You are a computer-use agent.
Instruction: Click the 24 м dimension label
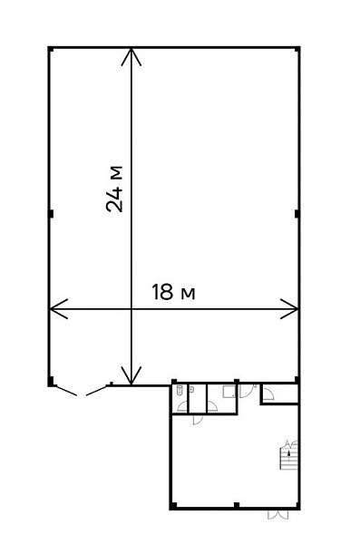[x=114, y=189]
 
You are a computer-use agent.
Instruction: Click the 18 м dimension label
[x=173, y=292]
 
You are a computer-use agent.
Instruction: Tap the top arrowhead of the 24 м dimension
[x=131, y=57]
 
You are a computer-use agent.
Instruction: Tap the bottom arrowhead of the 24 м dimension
[x=131, y=375]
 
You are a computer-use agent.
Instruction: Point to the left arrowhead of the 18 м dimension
[x=59, y=308]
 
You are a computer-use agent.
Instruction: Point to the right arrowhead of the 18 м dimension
[x=289, y=308]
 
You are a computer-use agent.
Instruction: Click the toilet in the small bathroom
[x=180, y=390]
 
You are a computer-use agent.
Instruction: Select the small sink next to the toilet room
[x=192, y=390]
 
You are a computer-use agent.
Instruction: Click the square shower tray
[x=229, y=392]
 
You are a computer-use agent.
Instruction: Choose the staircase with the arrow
[x=289, y=455]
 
